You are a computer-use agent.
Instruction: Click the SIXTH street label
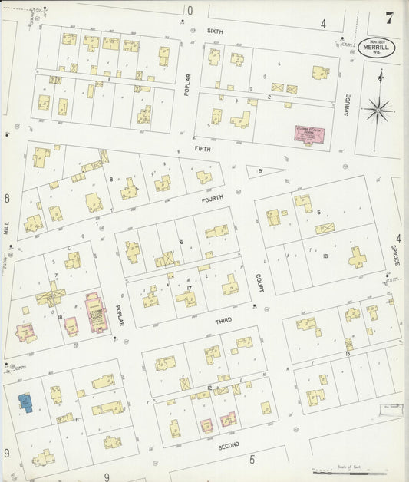click(215, 31)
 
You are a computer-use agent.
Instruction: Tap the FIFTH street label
click(202, 149)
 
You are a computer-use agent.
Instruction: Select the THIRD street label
click(223, 320)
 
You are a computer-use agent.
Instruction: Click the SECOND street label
click(228, 444)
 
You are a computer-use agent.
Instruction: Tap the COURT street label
click(260, 282)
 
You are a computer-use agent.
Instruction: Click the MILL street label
click(6, 228)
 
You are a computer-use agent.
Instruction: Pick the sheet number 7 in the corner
click(390, 18)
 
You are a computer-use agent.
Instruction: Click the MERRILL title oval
click(376, 48)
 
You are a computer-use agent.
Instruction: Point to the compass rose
click(378, 110)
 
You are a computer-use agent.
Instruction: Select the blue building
click(25, 403)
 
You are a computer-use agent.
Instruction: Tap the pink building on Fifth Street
click(310, 135)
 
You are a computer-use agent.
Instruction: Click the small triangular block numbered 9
click(261, 171)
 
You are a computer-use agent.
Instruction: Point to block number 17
click(188, 289)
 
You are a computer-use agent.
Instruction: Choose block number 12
click(209, 388)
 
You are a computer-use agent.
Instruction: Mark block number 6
click(181, 242)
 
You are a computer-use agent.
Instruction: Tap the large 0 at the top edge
click(190, 10)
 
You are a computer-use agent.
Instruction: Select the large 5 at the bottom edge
click(252, 460)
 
